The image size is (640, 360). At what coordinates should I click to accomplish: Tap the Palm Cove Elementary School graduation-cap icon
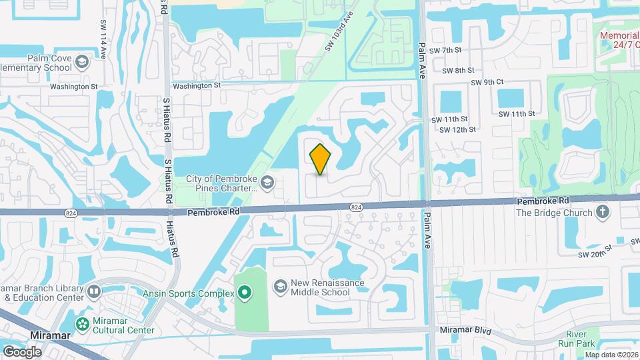coord(81,62)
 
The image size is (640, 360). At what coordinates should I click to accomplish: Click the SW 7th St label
coord(446,50)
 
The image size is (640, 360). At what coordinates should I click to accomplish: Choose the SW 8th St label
coord(458,70)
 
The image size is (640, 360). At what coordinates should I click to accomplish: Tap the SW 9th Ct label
coord(487,82)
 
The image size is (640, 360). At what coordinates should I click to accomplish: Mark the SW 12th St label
coord(457,129)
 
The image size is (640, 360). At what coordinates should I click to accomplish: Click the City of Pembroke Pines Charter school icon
coord(267,182)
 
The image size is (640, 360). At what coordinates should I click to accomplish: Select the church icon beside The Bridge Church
coord(603,212)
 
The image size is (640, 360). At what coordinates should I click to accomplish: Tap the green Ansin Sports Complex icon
coord(245,293)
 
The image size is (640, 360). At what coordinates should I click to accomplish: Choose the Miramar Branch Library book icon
coord(94,291)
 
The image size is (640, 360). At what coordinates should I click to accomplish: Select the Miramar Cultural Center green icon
coord(83,324)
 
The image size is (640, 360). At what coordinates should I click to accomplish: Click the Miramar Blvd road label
coord(465,331)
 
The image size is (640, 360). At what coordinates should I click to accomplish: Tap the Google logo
coord(22,351)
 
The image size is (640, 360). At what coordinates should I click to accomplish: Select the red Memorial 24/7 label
coord(619,41)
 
